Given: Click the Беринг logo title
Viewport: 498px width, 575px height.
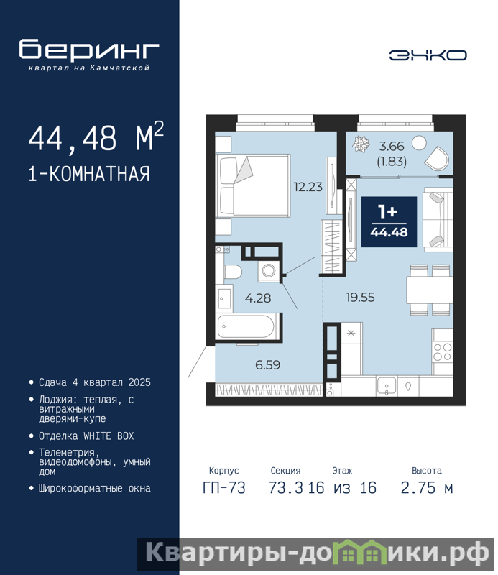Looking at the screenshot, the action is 89,50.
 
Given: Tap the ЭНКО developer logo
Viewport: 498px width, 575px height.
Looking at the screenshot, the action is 428,55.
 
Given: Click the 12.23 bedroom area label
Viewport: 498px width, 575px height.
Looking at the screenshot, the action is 308,187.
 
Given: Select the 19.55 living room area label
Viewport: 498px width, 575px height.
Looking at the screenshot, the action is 360,297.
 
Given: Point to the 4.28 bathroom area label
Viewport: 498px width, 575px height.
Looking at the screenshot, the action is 258,298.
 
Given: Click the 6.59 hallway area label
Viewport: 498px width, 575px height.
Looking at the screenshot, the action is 268,365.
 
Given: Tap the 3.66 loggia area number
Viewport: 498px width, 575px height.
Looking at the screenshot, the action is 391,147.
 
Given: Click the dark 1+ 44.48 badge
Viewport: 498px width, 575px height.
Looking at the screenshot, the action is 389,222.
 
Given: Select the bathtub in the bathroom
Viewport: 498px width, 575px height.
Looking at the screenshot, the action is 245,326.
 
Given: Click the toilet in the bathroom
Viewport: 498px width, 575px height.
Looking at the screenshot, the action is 233,272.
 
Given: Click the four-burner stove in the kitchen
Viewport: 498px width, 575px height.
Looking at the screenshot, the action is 442,352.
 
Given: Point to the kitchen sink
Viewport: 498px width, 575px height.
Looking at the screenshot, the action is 387,386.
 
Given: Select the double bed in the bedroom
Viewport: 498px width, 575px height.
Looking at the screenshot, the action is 253,185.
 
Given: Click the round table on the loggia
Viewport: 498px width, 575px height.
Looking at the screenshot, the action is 419,143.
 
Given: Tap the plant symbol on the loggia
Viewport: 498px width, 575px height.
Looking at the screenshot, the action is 361,144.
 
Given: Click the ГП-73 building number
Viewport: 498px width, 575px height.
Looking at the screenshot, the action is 223,488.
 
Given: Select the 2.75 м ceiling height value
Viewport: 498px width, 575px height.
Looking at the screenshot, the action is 427,488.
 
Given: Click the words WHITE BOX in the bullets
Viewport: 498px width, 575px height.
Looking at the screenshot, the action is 109,436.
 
